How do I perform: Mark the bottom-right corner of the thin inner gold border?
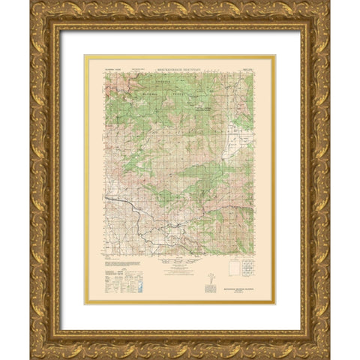coord(275,304)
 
